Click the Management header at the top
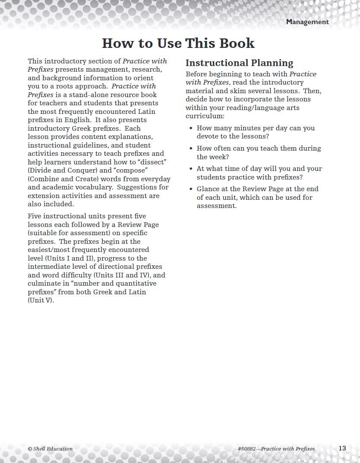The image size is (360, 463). tap(307, 22)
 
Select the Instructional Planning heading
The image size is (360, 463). tap(239, 63)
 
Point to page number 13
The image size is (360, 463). tap(342, 448)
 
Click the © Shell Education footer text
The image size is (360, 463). tap(50, 449)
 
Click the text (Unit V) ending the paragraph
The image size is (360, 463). tap(41, 300)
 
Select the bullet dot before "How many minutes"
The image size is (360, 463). tap(191, 128)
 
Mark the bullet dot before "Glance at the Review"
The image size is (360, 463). tap(191, 189)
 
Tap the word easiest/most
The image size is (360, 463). tap(50, 250)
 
